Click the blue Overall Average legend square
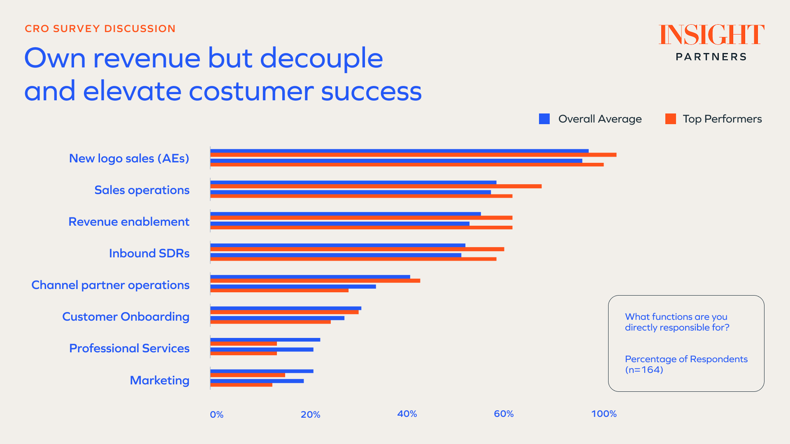(544, 119)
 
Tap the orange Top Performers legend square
(670, 119)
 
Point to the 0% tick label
(216, 414)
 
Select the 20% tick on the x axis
(310, 414)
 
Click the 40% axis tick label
(407, 414)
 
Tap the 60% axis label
(504, 414)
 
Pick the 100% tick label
(604, 414)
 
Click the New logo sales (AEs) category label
(129, 158)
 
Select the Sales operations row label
(142, 190)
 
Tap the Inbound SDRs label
(149, 253)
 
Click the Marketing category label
(160, 380)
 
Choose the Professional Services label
(129, 348)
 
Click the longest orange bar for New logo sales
(413, 155)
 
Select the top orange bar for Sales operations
(376, 186)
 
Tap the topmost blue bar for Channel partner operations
(310, 277)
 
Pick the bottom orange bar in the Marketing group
(241, 385)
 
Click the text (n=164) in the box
(644, 370)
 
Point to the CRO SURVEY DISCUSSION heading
(100, 28)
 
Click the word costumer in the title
(251, 91)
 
